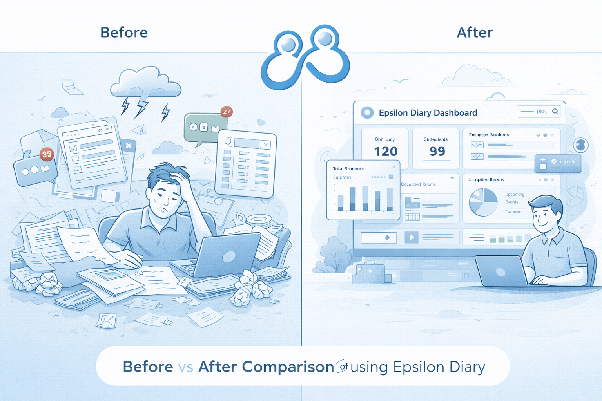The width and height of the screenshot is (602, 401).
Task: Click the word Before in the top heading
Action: point(124,33)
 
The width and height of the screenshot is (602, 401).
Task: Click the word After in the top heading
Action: point(474,33)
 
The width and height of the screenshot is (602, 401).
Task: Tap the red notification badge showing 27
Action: point(227,112)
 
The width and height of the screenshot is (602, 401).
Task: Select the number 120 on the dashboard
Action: point(386,152)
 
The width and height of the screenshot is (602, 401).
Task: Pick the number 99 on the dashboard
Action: point(437,151)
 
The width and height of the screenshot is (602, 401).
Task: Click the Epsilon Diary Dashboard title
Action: point(428,113)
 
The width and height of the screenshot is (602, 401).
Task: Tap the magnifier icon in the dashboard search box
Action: point(555,112)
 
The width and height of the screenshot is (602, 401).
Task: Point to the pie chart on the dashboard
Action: point(483,202)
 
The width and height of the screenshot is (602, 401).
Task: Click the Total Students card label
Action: point(348,169)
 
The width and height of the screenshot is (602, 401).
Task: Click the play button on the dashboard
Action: point(411,237)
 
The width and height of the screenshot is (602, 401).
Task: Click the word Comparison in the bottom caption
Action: point(288,367)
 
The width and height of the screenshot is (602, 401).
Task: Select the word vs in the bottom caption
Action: point(185,367)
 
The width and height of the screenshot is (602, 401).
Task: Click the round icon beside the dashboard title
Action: point(367,113)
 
